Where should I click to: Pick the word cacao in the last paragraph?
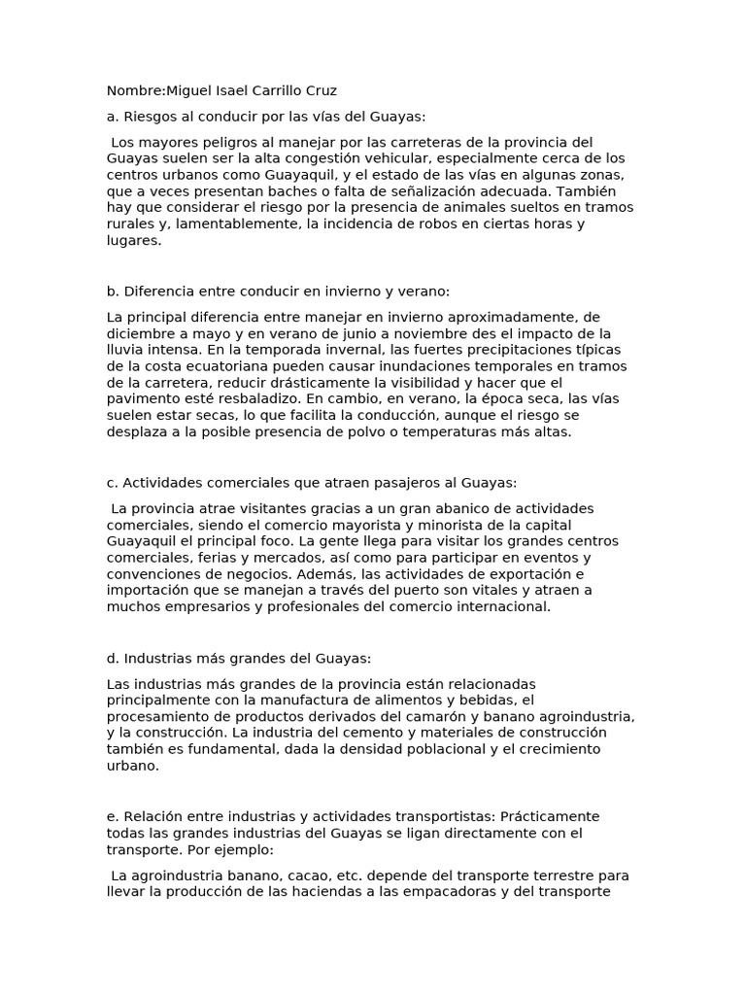(291, 875)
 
